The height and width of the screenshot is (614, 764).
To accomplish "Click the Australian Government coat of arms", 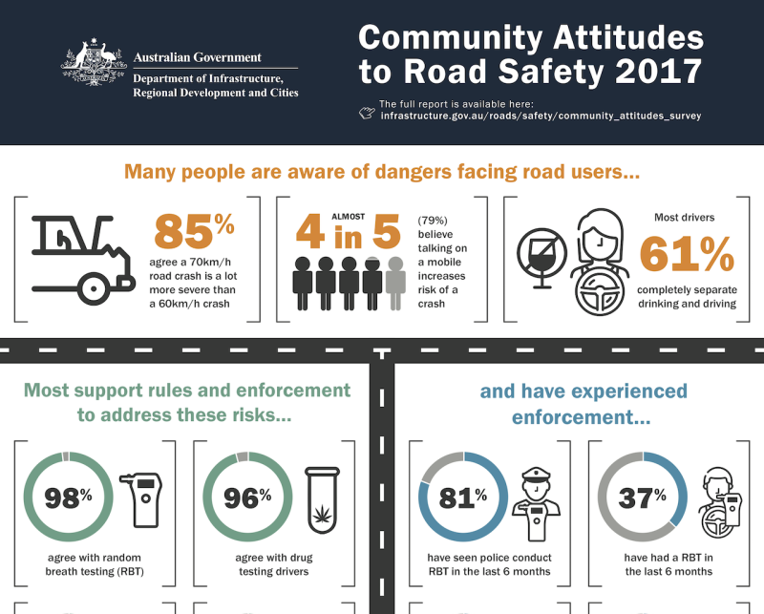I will tap(94, 65).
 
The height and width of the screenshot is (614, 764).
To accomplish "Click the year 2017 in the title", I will tap(652, 71).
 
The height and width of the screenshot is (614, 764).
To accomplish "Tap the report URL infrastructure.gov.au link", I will tap(541, 116).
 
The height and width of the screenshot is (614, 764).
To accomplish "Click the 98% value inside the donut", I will tap(67, 498).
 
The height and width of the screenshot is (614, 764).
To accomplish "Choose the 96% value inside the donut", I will tap(247, 498).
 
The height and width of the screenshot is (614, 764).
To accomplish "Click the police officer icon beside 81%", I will tap(533, 503).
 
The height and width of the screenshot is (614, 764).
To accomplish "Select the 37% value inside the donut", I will tap(642, 498).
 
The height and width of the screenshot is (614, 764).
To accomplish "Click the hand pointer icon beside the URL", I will tap(367, 114).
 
